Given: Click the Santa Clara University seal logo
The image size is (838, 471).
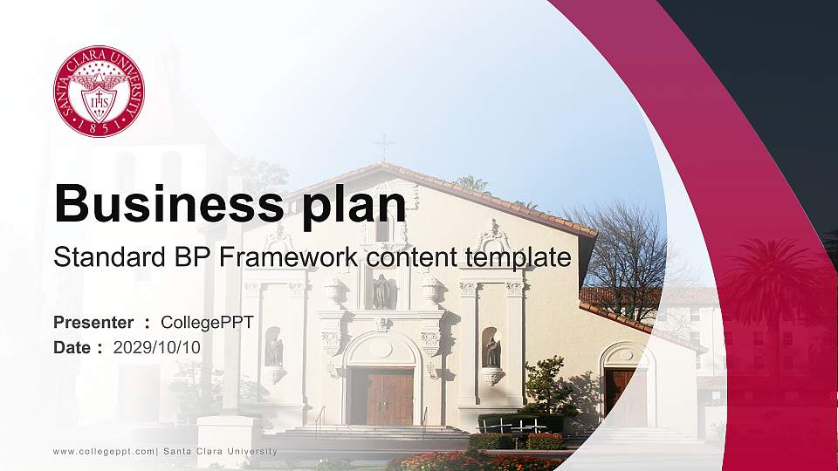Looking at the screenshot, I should (x=99, y=92).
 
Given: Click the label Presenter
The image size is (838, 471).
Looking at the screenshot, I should (x=93, y=323).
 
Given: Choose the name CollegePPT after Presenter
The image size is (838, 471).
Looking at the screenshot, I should (x=207, y=323).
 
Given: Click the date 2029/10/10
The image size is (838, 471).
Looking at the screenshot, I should (x=157, y=347).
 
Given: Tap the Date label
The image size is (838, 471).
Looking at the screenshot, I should (x=72, y=347).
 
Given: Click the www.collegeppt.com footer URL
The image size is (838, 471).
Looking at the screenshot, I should (x=104, y=451).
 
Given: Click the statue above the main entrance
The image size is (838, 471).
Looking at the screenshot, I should (x=381, y=291).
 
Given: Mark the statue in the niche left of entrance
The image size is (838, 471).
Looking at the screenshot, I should (x=274, y=350).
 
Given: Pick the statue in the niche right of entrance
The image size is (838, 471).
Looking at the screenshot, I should (x=491, y=351).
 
